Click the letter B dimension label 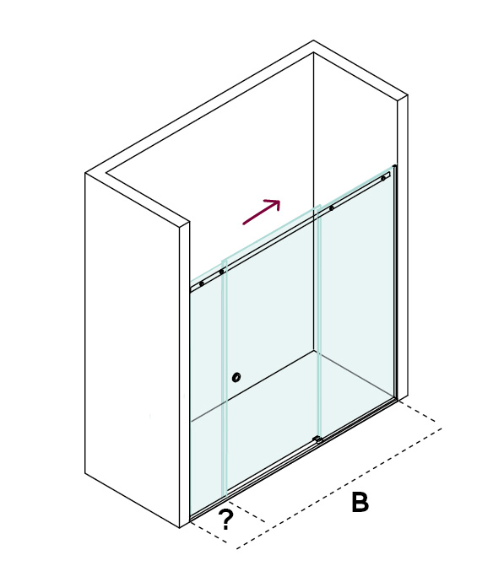pos(360,502)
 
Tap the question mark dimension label pos(225,520)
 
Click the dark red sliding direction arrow pos(261,212)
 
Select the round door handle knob pos(236,378)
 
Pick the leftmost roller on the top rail pos(202,283)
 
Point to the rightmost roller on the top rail pos(383,178)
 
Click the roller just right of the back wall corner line pos(331,208)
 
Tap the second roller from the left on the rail pos(221,272)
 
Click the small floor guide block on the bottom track pos(317,439)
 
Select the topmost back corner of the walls pos(313,40)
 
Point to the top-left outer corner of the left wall pos(85,173)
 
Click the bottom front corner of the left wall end pos(180,528)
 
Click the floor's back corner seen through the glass pos(314,350)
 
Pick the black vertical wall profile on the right pos(396,282)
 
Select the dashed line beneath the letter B pos(339,488)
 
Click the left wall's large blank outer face pos(133,349)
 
